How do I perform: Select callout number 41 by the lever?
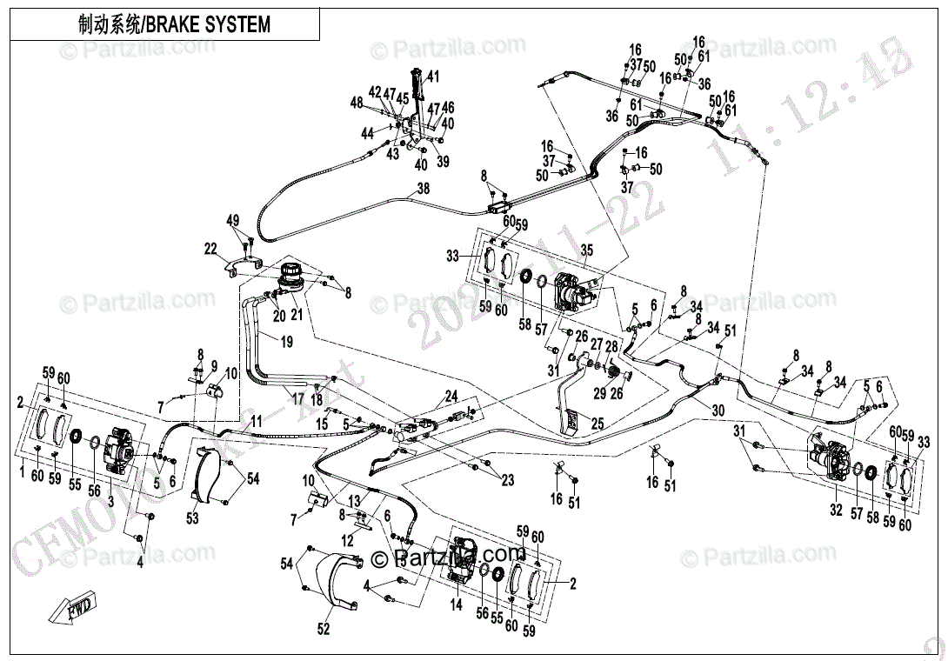[x=433, y=76]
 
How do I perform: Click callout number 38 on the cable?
[x=423, y=188]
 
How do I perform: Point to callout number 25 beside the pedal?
[x=598, y=424]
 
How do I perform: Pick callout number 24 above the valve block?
[x=451, y=397]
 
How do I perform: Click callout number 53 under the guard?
[x=192, y=519]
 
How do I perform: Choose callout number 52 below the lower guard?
[x=324, y=630]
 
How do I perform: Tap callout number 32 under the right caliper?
[x=836, y=511]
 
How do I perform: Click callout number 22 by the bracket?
[x=210, y=250]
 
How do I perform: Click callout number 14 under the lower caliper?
[x=456, y=605]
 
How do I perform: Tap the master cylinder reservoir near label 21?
[x=290, y=276]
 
